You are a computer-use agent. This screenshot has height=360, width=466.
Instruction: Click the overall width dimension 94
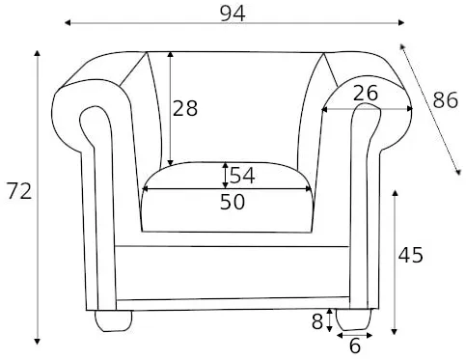(233, 14)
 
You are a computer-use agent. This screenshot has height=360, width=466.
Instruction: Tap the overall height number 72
(19, 191)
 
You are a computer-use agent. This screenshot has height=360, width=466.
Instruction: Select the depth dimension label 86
(445, 99)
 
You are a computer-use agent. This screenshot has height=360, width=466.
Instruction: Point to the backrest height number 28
(185, 108)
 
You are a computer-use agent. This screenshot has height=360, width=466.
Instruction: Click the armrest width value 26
(366, 94)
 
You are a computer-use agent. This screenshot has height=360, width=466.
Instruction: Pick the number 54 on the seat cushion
(242, 176)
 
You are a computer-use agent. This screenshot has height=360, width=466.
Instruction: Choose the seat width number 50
(233, 202)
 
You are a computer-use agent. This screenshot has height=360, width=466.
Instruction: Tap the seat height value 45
(411, 255)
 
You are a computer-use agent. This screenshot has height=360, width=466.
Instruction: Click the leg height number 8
(317, 321)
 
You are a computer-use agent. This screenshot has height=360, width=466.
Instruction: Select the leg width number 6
(355, 346)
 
